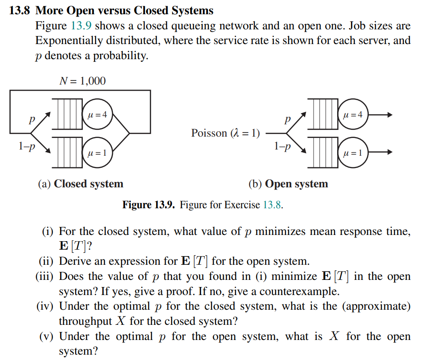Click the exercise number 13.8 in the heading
(21, 11)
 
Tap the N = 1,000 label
(82, 81)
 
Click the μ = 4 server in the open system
(353, 115)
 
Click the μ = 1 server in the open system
(353, 153)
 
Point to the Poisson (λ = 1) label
(226, 133)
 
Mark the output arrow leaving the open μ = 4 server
(380, 115)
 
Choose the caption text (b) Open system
(288, 184)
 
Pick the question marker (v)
(47, 336)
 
